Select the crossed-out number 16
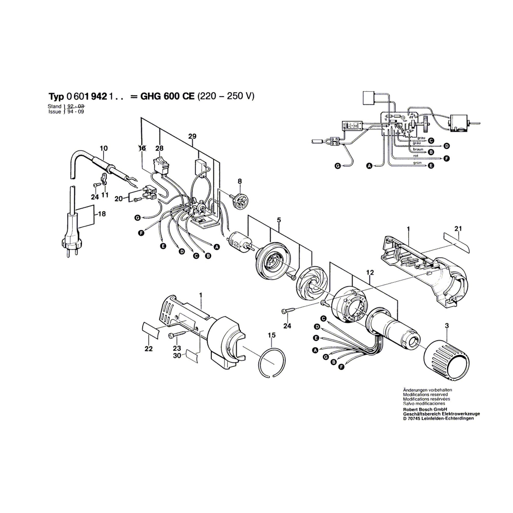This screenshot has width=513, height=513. (142, 148)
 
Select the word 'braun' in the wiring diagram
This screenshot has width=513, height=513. (418, 149)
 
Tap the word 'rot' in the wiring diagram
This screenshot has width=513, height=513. (416, 156)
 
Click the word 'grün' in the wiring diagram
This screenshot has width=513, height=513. (417, 163)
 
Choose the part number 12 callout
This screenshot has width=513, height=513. (370, 272)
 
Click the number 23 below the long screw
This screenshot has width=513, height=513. (177, 348)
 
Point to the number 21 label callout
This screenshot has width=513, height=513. (458, 229)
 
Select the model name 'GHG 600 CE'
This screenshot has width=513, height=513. (167, 96)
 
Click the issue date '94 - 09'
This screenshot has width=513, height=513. (76, 112)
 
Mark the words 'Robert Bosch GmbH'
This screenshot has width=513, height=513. (421, 409)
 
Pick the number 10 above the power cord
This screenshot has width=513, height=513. (104, 148)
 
